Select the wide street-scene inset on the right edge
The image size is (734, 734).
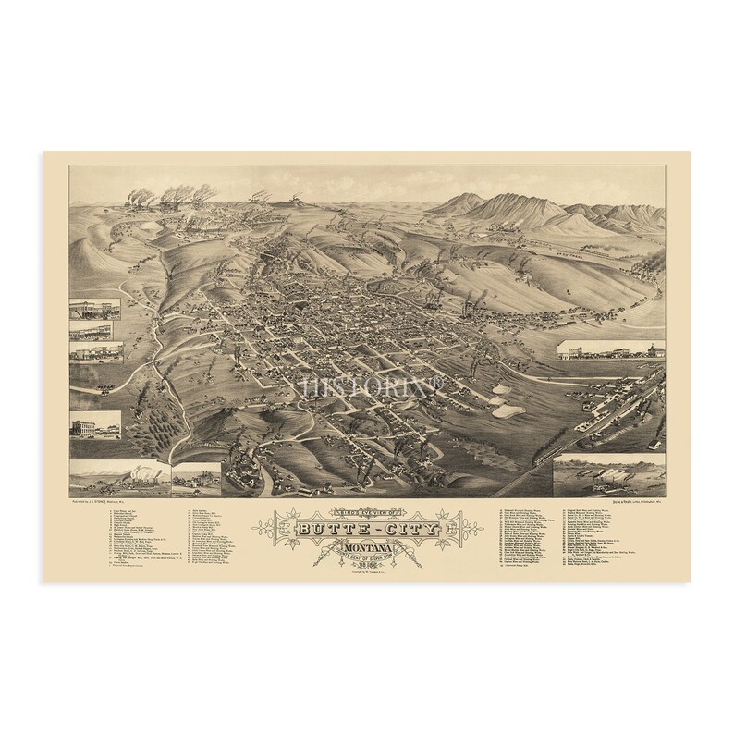(609, 351)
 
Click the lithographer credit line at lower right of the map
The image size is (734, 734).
(607, 501)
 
